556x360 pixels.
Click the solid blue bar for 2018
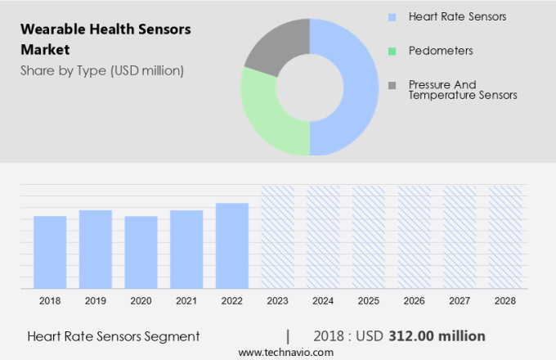point(50,252)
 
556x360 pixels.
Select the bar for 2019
point(96,250)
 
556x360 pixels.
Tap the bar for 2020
point(141,252)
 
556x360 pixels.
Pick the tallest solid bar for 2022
point(232,245)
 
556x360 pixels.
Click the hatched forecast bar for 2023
point(277,237)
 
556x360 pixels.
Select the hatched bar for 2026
point(414,237)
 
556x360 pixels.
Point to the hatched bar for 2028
point(505,237)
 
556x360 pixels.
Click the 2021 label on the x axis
point(186,301)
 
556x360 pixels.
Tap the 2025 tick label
point(368,301)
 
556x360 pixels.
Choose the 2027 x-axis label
point(460,301)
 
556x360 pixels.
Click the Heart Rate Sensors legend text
point(457,16)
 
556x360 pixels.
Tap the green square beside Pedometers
point(392,51)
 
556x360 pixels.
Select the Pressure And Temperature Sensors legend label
point(463,90)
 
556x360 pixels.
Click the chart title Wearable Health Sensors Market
point(105,39)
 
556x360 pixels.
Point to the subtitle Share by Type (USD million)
point(102,70)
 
